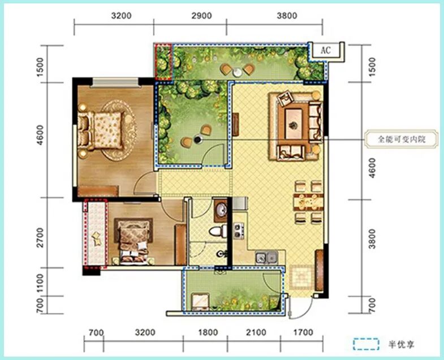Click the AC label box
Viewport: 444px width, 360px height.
tap(326, 51)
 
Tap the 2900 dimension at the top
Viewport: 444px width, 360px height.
tap(201, 16)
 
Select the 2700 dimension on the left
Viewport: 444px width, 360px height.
tap(41, 238)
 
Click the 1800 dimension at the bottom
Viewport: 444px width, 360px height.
tap(208, 332)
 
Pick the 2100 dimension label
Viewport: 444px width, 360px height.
tap(256, 332)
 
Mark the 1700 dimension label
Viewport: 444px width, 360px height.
tap(303, 332)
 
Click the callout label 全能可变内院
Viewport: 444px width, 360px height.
tap(402, 139)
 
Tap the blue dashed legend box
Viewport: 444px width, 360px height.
tap(366, 344)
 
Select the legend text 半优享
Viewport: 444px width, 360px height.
tap(402, 344)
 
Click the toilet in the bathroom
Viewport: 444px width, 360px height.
tap(218, 231)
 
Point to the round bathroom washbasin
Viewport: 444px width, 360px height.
tap(221, 210)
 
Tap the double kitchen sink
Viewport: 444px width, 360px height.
tap(267, 258)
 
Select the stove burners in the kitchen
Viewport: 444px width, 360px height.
tap(239, 231)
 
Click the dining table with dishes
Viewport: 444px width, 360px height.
tap(308, 202)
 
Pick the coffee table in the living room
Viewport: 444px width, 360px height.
tap(294, 124)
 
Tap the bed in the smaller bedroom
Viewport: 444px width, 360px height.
tap(133, 242)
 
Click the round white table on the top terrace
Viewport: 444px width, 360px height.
tap(238, 72)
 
